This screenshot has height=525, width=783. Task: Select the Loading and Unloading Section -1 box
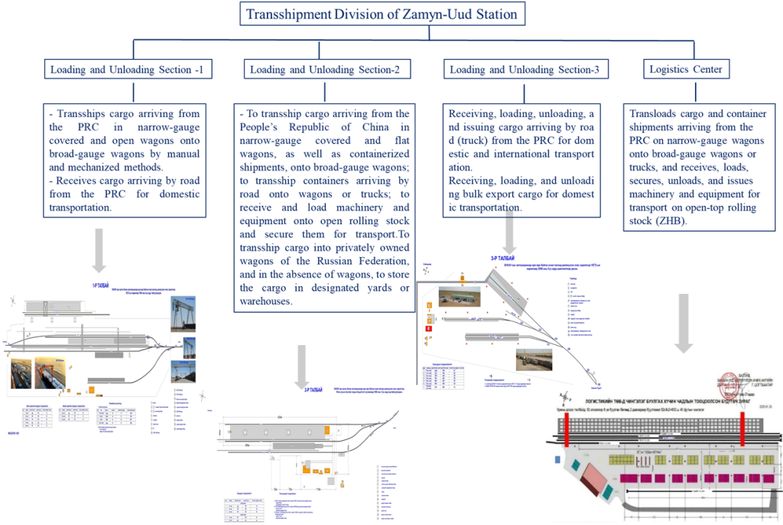click(127, 70)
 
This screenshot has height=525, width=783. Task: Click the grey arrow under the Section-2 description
click(302, 366)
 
